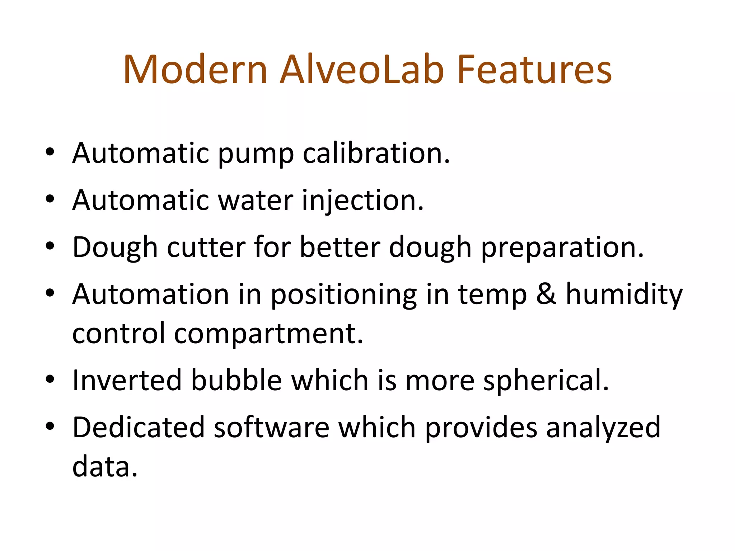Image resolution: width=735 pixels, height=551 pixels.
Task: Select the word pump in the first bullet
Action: pyautogui.click(x=256, y=154)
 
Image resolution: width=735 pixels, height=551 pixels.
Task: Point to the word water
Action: pyautogui.click(x=256, y=201)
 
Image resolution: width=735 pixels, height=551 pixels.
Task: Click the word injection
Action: pyautogui.click(x=362, y=201)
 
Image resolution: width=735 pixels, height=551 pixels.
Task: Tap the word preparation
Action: pyautogui.click(x=562, y=248)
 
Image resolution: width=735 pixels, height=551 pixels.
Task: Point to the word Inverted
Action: pyautogui.click(x=127, y=380)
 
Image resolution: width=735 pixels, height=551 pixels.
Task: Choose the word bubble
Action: pyautogui.click(x=236, y=380)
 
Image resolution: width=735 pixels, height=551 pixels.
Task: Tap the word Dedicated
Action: pyautogui.click(x=138, y=428)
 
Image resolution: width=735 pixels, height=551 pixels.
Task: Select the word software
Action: pyautogui.click(x=271, y=428)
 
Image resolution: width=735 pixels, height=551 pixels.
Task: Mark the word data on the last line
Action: pyautogui.click(x=105, y=467)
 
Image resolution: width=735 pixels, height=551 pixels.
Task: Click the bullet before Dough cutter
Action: pyautogui.click(x=50, y=247)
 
